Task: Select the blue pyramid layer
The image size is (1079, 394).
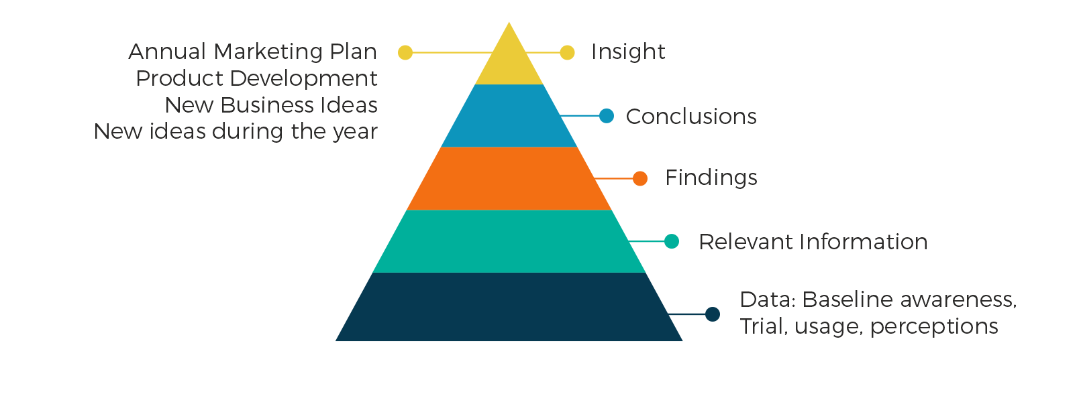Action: (509, 116)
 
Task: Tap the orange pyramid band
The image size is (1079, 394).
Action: (509, 178)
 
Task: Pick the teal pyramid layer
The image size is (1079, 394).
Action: (509, 241)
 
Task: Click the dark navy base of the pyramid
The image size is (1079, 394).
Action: (509, 308)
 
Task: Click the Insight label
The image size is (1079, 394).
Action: (628, 52)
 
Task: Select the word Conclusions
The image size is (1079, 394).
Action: (691, 117)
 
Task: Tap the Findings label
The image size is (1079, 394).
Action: (711, 178)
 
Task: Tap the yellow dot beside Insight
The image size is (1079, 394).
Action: (568, 52)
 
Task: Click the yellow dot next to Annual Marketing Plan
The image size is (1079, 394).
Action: (405, 52)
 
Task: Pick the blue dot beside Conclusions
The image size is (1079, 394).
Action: (607, 116)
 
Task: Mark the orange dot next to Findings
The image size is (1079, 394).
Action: (640, 178)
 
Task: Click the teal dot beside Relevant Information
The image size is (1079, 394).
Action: (672, 241)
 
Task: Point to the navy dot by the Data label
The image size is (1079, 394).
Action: (713, 314)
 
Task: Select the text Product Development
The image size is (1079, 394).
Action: (257, 78)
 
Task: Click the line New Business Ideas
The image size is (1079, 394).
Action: (271, 105)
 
